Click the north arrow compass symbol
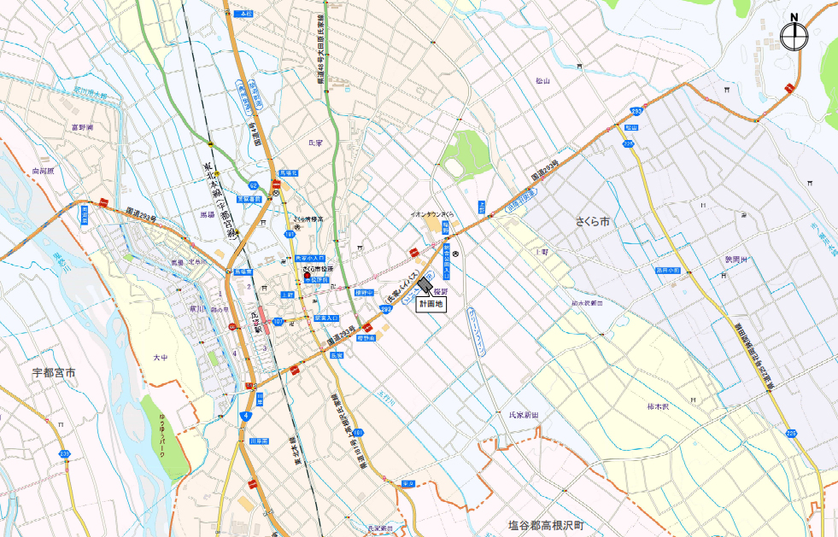point(794,35)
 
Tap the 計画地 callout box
point(431,304)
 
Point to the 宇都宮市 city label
point(54,372)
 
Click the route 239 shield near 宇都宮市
point(64,453)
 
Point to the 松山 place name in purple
point(543,81)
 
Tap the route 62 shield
point(253,184)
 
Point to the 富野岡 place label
point(82,126)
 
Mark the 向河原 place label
point(43,171)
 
